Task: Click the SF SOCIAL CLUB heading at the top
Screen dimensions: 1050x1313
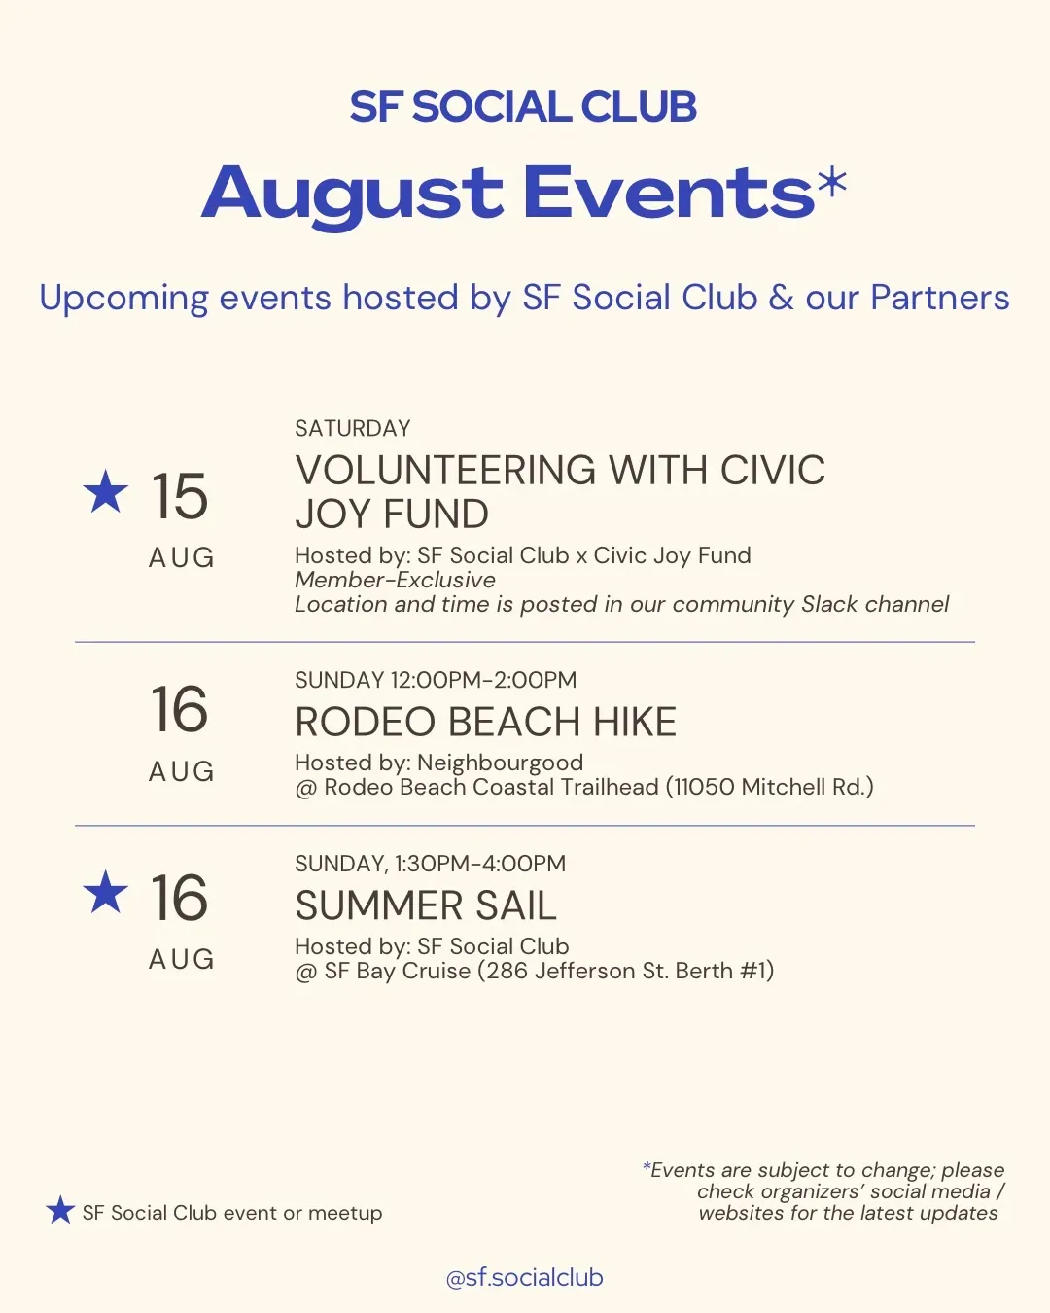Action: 523,107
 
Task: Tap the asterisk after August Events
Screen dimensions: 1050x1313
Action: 831,183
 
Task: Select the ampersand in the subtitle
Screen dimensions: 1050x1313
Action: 781,298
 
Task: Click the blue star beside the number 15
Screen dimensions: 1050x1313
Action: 106,491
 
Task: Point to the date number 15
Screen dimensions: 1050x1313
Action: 179,496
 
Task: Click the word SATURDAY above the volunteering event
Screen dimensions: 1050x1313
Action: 353,428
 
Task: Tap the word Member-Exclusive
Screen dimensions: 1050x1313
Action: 396,580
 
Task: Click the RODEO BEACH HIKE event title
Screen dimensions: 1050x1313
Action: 486,722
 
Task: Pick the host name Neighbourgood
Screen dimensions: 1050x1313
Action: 501,763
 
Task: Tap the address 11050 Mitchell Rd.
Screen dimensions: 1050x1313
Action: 769,787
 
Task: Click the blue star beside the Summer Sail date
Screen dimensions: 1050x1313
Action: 106,892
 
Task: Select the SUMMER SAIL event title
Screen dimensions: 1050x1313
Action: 426,905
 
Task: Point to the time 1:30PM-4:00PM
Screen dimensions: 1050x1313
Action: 481,864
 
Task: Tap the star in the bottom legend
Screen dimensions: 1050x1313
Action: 60,1210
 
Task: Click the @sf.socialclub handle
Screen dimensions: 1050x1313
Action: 525,1278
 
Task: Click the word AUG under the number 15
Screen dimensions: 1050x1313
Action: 182,557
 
